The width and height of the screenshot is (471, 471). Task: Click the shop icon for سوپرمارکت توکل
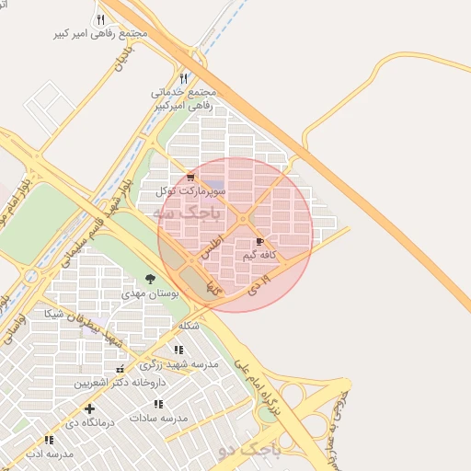190,177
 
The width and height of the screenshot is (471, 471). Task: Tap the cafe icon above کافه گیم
258,241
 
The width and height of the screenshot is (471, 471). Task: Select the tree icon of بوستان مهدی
150,280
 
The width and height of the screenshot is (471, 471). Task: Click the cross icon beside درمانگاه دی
89,408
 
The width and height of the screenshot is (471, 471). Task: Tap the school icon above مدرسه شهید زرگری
178,350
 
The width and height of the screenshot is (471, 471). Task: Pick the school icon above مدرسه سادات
158,404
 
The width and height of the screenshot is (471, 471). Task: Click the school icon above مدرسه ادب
49,441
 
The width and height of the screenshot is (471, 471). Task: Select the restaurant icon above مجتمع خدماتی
184,79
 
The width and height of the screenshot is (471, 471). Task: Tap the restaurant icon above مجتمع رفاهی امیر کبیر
100,19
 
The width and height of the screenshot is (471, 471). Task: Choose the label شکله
189,326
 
